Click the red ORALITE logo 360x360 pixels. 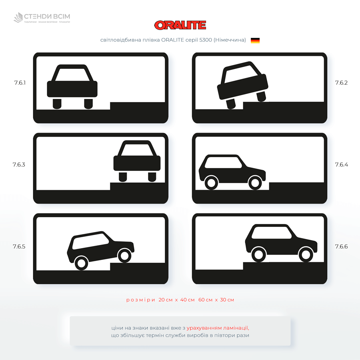click(180, 25)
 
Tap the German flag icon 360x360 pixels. click(255, 40)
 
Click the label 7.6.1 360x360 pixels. click(20, 83)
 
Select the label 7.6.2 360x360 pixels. click(342, 83)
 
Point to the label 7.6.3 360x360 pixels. click(19, 165)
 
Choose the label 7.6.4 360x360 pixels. click(342, 165)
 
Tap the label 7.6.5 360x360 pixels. click(19, 246)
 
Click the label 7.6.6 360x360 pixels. click(342, 246)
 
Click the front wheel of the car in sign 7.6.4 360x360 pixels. click(255, 183)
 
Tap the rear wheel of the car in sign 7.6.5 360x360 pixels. click(82, 263)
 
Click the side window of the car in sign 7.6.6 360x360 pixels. click(271, 232)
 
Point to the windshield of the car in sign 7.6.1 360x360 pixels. click(72, 75)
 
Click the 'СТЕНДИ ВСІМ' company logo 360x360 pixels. click(42, 18)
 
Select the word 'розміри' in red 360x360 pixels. click(140, 300)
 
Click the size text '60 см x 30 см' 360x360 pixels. click(216, 300)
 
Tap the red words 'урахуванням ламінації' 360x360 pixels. click(218, 328)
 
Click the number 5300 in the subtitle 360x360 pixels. click(206, 40)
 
